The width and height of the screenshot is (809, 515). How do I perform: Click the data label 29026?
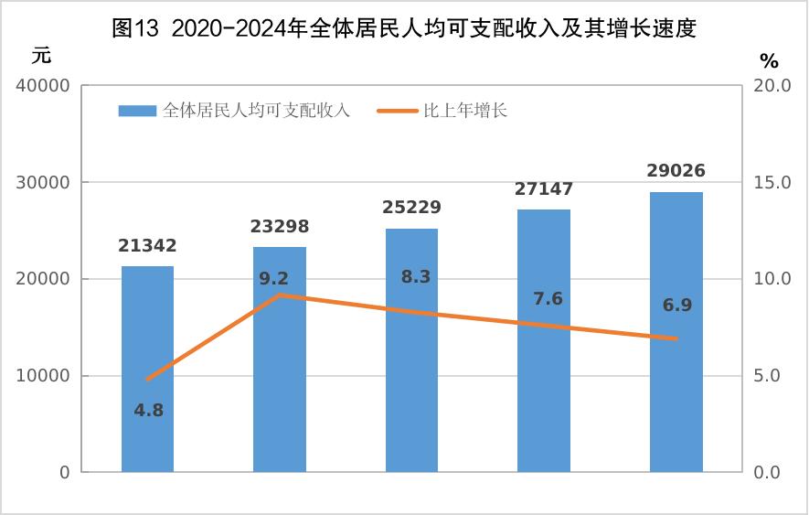point(676,171)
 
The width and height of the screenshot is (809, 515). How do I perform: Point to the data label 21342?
point(147,246)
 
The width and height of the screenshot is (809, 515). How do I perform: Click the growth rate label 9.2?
point(274,279)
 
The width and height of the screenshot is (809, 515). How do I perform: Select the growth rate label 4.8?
point(148,411)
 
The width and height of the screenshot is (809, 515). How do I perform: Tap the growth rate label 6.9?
point(677,306)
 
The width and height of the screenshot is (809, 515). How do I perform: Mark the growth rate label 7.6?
point(548,299)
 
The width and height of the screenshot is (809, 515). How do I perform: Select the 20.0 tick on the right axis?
point(772,86)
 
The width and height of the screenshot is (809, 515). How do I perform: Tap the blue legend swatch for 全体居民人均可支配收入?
point(137,112)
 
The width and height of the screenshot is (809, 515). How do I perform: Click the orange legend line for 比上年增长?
point(397,112)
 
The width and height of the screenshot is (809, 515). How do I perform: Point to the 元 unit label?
point(42,55)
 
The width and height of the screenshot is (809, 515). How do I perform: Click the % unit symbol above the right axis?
point(769,61)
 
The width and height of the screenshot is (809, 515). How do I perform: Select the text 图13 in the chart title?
point(135,28)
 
